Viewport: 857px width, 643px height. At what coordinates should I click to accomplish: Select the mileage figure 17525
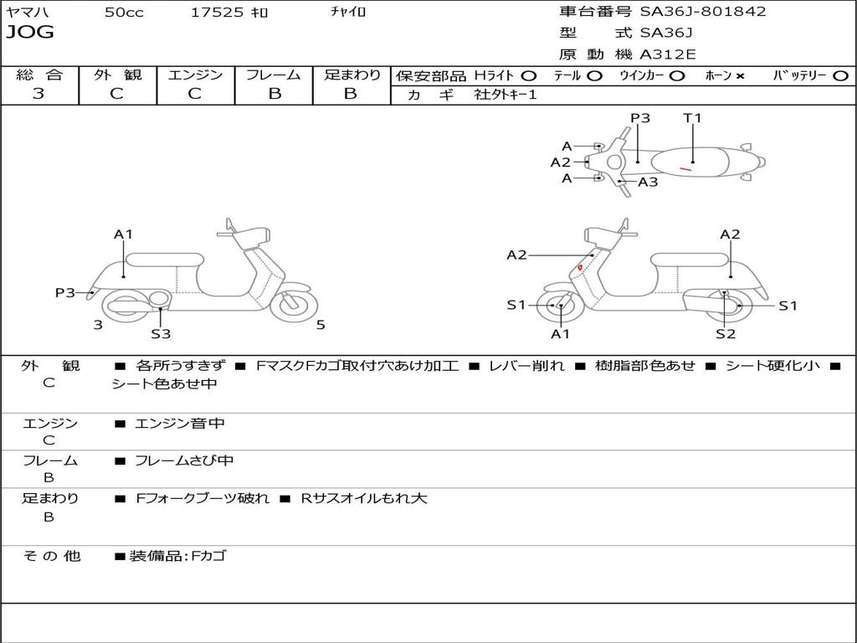[217, 13]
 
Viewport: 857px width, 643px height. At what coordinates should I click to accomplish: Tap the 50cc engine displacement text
[124, 13]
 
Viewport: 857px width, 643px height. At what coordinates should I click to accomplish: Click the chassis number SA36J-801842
[702, 12]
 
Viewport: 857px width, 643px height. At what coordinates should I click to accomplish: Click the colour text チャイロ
[348, 13]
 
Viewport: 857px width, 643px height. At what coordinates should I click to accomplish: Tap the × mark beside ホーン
[740, 75]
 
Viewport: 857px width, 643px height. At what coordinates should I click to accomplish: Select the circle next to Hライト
[529, 75]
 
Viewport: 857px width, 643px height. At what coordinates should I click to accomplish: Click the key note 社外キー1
[505, 95]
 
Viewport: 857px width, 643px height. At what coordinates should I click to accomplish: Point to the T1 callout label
[692, 118]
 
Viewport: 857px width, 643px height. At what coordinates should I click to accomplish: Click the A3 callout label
[648, 182]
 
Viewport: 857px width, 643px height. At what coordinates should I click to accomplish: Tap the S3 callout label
[161, 334]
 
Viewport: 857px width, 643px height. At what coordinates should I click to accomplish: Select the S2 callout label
[725, 334]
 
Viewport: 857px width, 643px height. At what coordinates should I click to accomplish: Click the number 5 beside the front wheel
[321, 325]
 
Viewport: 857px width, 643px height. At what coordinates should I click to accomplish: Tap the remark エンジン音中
[180, 424]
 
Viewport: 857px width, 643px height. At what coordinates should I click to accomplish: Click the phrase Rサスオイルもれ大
[364, 498]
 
